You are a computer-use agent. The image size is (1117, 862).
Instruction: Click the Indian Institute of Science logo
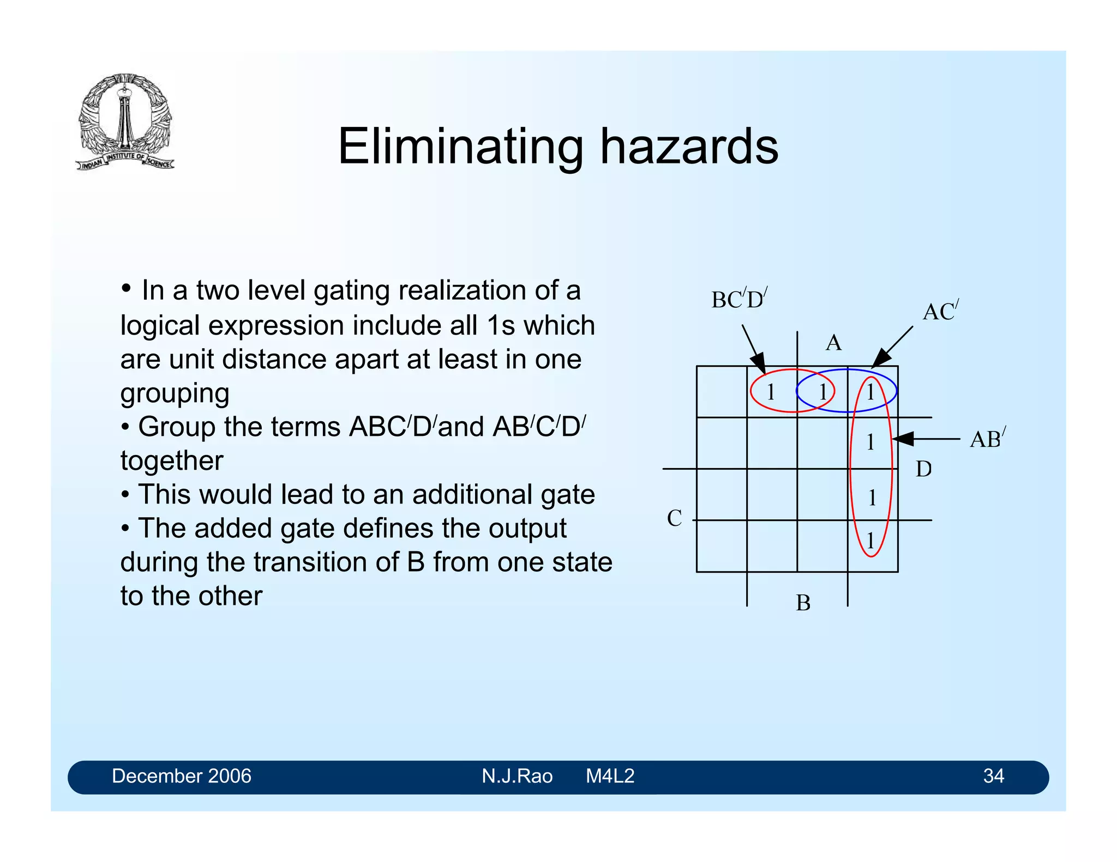[125, 121]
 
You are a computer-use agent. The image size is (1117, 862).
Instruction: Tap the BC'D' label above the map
[739, 300]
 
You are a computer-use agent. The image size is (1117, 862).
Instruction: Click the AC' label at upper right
[940, 311]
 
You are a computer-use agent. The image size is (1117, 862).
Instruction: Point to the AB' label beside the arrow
[987, 439]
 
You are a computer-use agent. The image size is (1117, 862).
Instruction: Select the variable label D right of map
[923, 469]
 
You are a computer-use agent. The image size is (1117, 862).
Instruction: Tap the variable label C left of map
[675, 518]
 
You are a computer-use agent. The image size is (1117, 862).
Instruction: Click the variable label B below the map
[803, 603]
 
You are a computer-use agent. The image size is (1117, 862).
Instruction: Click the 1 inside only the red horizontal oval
[771, 392]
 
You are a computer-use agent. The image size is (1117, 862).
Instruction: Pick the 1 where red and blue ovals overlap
[822, 392]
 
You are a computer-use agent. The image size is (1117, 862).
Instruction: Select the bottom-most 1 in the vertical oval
[870, 541]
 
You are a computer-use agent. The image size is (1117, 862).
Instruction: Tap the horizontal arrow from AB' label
[926, 439]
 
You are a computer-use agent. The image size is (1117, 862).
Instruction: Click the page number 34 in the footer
[993, 776]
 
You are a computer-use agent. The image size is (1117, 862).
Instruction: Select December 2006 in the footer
[182, 776]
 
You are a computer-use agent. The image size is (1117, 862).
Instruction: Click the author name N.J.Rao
[517, 776]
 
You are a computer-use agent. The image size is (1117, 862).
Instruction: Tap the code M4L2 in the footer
[610, 776]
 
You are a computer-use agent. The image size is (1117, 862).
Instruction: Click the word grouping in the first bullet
[175, 393]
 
